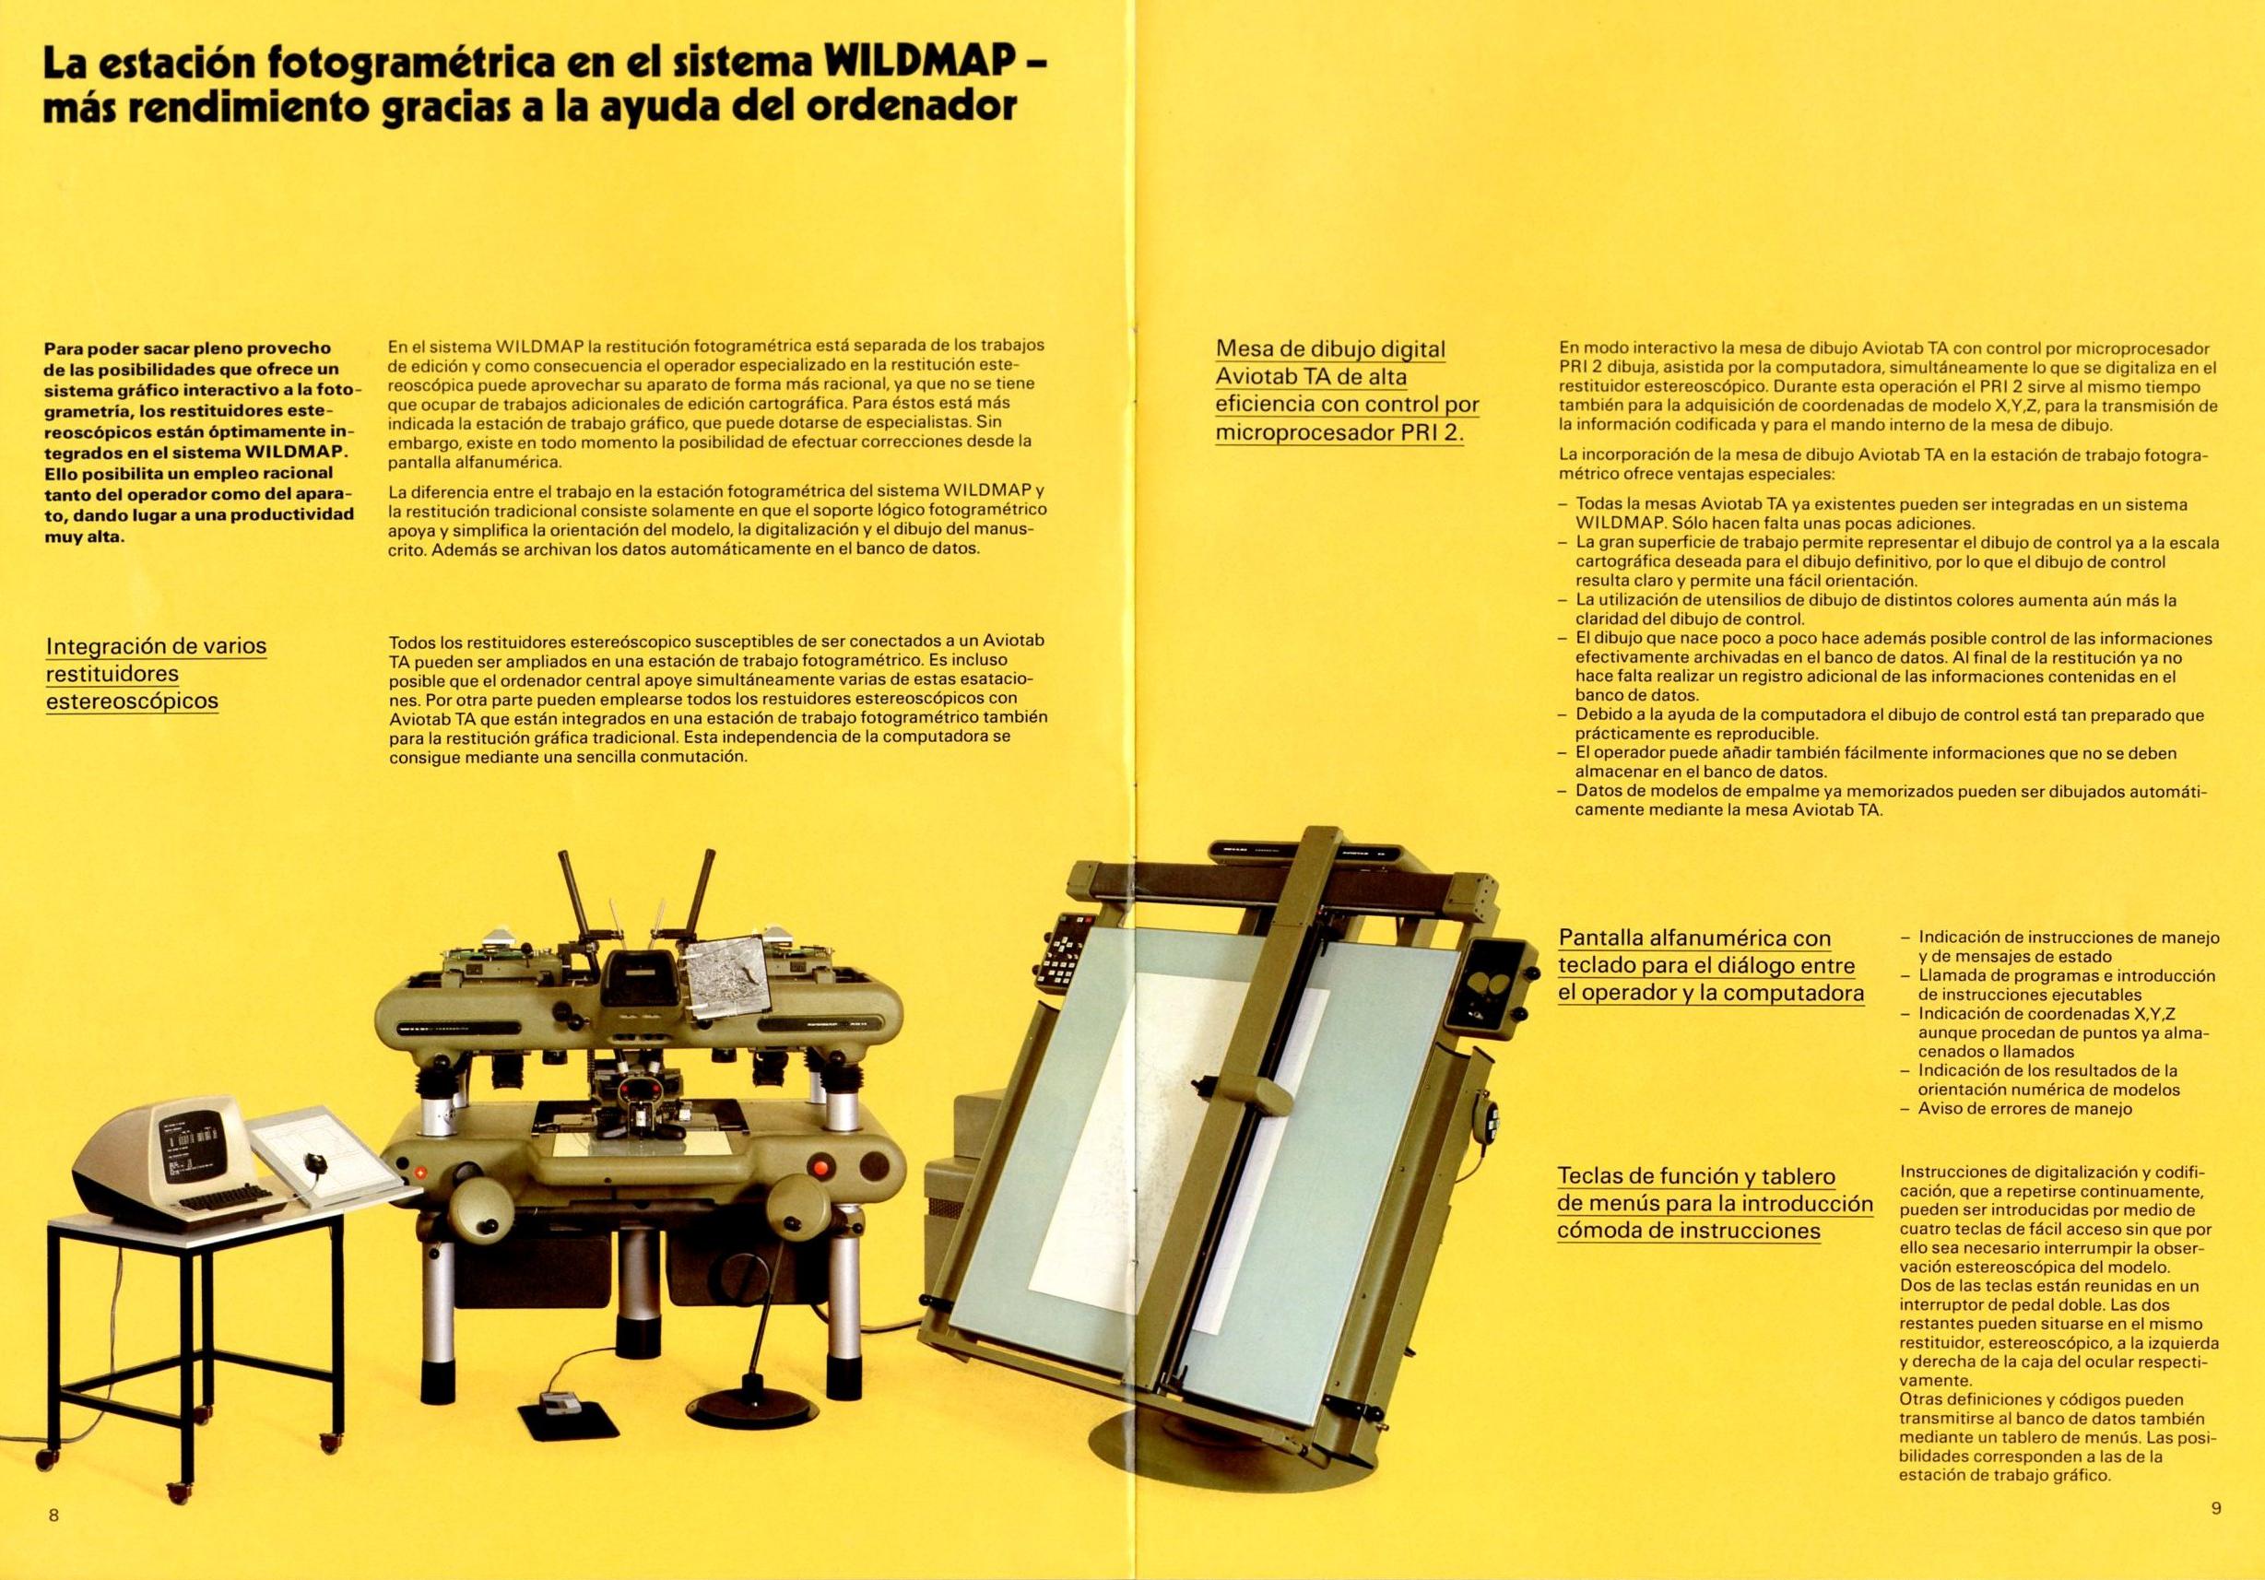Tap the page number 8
tap(53, 1515)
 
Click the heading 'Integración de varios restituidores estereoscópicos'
tap(156, 674)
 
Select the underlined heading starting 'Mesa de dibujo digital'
tap(1347, 391)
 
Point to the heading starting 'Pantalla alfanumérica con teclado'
tap(1711, 964)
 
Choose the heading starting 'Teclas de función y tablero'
tap(1715, 1202)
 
